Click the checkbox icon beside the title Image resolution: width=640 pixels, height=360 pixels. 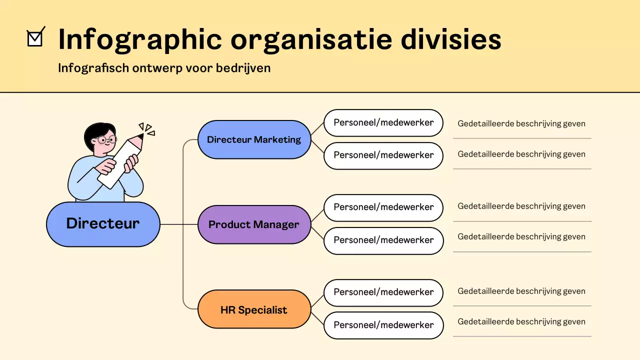point(35,38)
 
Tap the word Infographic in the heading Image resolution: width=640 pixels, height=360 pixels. point(139,39)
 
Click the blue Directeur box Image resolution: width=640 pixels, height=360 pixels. point(103,224)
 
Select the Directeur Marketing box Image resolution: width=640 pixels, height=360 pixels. point(254,139)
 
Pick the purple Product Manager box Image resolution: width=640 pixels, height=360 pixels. point(254,224)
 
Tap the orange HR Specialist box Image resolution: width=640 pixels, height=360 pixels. point(254,310)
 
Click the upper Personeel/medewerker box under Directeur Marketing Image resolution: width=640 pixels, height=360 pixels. point(383,122)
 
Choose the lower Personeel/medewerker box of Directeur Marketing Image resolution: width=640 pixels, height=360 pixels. point(383,155)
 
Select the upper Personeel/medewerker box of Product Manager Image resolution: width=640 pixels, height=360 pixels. point(383,207)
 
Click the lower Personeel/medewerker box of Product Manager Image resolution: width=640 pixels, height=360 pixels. point(383,240)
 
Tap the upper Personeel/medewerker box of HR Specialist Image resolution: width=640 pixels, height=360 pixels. point(383,292)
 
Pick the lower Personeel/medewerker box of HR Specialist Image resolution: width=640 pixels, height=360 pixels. point(383,325)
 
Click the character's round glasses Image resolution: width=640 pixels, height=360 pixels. point(106,139)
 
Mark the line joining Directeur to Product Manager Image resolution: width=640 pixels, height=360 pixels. point(178,224)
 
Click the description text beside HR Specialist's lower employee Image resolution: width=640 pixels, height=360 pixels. point(521,322)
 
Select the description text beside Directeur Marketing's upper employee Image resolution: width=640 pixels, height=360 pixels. point(521,123)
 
